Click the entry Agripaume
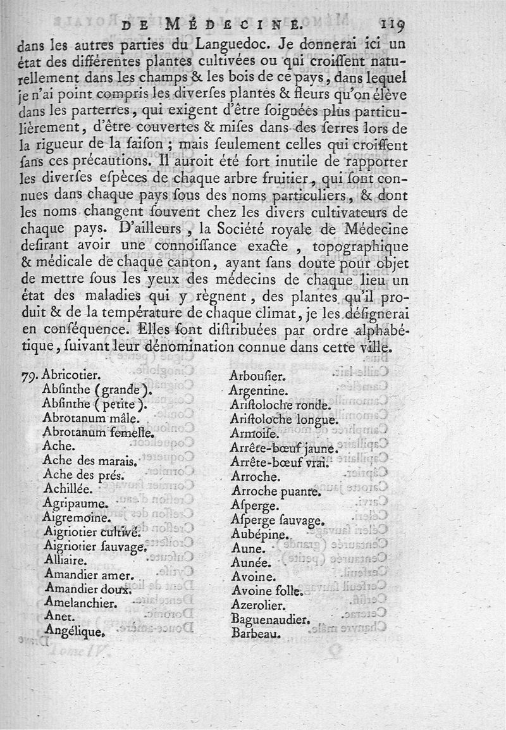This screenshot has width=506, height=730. [x=77, y=504]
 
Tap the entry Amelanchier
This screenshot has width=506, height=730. [x=82, y=603]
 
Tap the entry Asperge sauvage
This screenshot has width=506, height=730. [x=278, y=521]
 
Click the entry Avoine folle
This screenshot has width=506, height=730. [x=268, y=591]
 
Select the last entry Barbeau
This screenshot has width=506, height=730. [x=256, y=633]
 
